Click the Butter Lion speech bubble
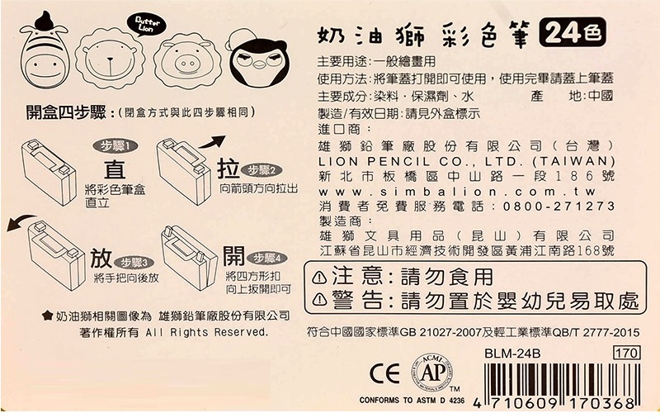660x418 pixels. pos(147,26)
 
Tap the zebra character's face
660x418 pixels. pos(45,67)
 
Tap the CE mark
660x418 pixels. pos(384,373)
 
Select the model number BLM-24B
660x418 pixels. pos(511,353)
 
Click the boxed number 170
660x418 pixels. pos(627,352)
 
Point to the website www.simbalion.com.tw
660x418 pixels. pos(457,192)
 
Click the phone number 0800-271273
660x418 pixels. pos(559,207)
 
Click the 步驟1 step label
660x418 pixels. pos(115,145)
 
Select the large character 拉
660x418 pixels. pos(229,169)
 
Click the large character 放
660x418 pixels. pos(101,258)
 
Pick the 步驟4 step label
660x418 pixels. pos(266,258)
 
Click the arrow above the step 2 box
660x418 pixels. pos(213,142)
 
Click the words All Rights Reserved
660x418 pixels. pos(207,332)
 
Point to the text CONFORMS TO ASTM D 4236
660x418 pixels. pos(412,401)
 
